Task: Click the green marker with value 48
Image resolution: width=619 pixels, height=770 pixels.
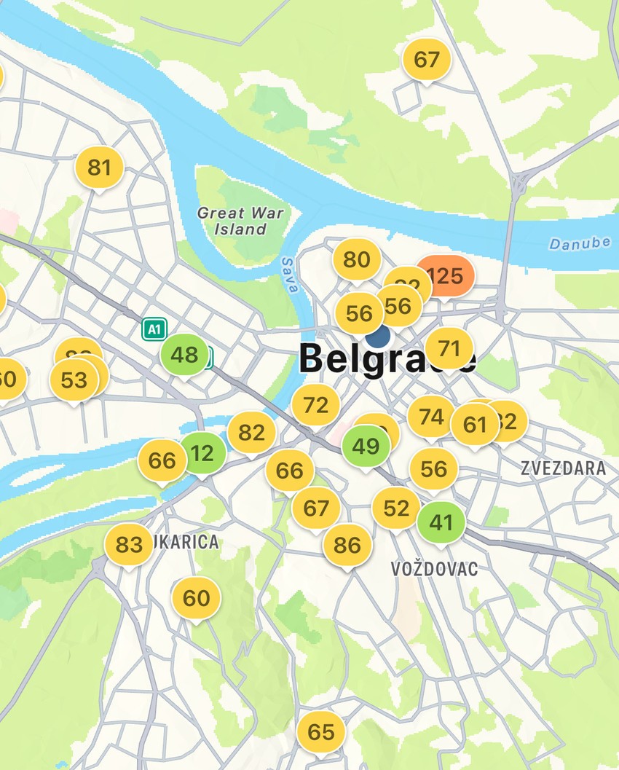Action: (184, 355)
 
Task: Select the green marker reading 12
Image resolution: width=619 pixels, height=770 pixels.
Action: (202, 453)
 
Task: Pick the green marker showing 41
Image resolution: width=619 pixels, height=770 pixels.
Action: (441, 522)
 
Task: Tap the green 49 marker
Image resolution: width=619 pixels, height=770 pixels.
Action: (366, 446)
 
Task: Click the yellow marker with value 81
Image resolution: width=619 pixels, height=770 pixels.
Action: (99, 168)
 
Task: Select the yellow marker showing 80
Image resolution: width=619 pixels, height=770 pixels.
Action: (357, 259)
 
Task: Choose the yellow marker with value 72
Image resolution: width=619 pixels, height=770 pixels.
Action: (315, 405)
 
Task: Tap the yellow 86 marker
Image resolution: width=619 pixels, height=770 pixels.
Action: (347, 545)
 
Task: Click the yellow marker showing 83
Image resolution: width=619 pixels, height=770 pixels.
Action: (129, 545)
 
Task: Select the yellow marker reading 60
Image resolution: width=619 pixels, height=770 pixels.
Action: (196, 598)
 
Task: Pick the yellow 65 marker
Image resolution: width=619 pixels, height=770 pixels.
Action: (321, 732)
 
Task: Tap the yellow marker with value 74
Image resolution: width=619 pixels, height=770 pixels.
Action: (431, 417)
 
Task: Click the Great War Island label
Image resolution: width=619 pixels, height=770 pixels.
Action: (240, 221)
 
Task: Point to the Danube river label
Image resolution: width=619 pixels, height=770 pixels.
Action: (580, 243)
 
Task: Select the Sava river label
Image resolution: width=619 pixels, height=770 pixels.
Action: (289, 275)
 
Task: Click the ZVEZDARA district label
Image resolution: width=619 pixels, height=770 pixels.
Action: (563, 468)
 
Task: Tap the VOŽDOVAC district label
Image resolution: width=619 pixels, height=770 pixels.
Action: (434, 569)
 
